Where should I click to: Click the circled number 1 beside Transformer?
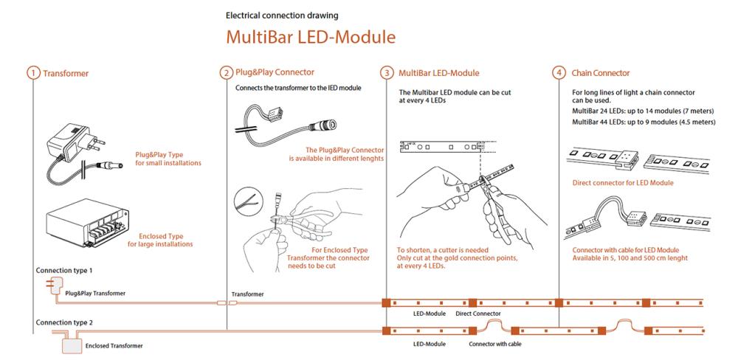[33, 74]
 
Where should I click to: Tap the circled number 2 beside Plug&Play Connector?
[227, 73]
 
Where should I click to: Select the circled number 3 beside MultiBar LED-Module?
[387, 73]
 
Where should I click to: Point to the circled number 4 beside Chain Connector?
[559, 73]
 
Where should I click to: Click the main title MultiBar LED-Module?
[311, 37]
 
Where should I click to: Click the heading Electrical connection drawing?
[282, 15]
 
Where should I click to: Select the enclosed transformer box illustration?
[88, 222]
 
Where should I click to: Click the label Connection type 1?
[64, 271]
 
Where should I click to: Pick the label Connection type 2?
[64, 323]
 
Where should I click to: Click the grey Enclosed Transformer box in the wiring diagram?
[72, 346]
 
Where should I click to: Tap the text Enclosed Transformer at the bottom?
[114, 346]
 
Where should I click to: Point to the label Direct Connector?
[478, 314]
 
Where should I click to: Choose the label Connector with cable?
[495, 344]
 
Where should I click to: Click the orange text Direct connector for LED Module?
[623, 183]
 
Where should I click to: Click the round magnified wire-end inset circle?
[249, 201]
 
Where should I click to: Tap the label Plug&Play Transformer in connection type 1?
[95, 293]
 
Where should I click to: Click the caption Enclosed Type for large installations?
[160, 240]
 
